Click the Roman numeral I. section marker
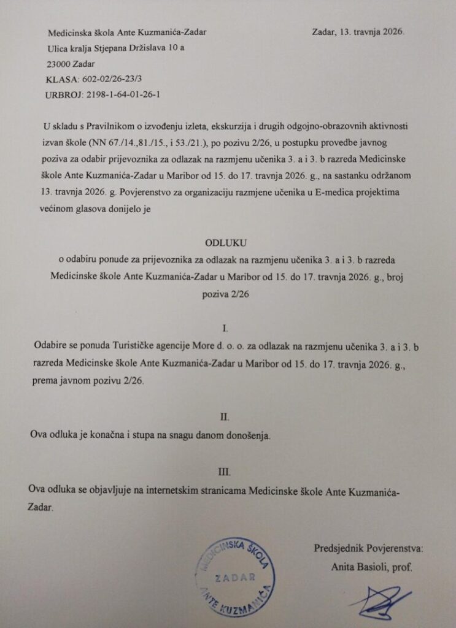[x=228, y=329]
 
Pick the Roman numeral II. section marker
[x=225, y=417]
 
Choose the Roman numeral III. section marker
[x=225, y=472]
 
